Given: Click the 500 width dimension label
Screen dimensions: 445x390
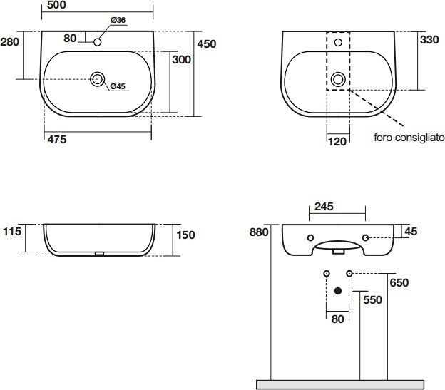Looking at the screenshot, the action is click(56, 5).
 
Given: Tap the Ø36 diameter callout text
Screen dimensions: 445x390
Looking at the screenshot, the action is click(118, 20).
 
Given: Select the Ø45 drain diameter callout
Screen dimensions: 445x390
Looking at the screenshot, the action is click(118, 86).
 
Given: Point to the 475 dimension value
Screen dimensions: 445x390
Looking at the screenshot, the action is click(57, 140).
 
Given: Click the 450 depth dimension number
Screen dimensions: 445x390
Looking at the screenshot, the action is click(207, 44).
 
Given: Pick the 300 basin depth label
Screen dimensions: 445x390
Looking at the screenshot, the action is click(181, 60).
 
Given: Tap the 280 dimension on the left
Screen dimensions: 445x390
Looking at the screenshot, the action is click(10, 42).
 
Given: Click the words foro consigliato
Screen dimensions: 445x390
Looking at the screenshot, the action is click(409, 138).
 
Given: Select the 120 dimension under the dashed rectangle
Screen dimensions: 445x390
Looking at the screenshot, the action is click(337, 142).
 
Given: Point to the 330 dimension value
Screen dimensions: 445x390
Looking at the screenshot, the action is click(429, 40).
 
